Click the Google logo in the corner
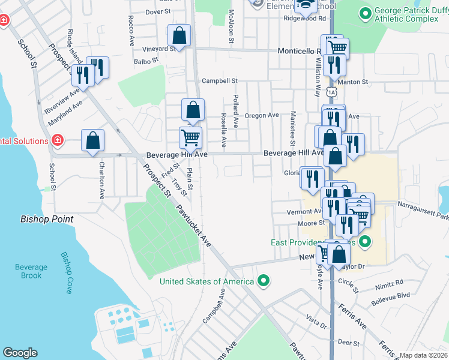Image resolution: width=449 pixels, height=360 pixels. point(20,353)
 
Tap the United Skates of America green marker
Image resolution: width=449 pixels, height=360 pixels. point(262,281)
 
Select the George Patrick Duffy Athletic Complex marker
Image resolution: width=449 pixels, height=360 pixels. point(364,13)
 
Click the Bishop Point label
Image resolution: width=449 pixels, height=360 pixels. point(47,220)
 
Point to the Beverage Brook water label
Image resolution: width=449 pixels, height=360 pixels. point(31,271)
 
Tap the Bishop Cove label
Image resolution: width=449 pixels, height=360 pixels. point(66,272)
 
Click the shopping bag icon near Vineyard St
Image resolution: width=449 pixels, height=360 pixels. point(179,35)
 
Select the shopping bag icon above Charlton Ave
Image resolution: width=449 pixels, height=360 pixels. point(92,141)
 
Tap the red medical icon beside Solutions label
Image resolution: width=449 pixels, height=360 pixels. point(57,141)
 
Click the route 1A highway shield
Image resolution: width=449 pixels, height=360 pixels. point(332,92)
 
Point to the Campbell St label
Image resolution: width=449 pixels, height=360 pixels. point(220,80)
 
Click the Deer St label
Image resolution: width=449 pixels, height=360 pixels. point(348,343)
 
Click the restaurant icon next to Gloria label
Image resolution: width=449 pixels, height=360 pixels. point(312,178)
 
